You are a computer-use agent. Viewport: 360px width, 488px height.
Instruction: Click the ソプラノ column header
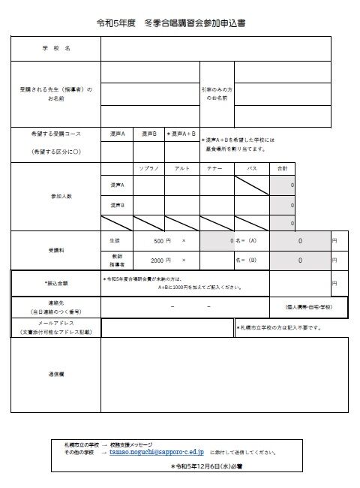148,168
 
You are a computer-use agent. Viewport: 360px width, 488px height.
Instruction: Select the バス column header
252,168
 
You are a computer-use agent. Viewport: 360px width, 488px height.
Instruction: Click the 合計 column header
282,168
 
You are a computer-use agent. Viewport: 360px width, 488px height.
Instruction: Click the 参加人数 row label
56,196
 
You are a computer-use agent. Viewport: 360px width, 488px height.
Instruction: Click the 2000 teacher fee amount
156,260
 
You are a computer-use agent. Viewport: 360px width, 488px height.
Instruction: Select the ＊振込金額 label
56,283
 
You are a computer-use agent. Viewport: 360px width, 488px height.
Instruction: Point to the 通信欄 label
56,372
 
